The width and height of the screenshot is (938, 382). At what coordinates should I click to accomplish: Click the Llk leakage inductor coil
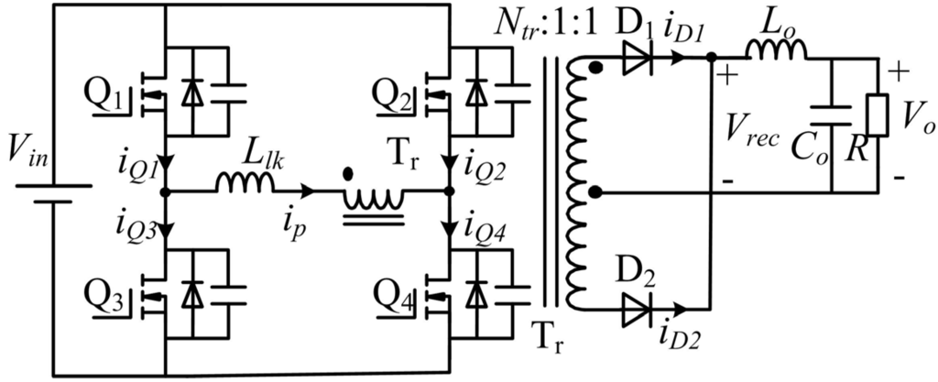coord(245,185)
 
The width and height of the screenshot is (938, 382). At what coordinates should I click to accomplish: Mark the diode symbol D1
coord(638,57)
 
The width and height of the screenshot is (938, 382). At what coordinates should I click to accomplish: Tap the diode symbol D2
coord(638,310)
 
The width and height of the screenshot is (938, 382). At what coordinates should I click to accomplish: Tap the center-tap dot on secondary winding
coord(596,192)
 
